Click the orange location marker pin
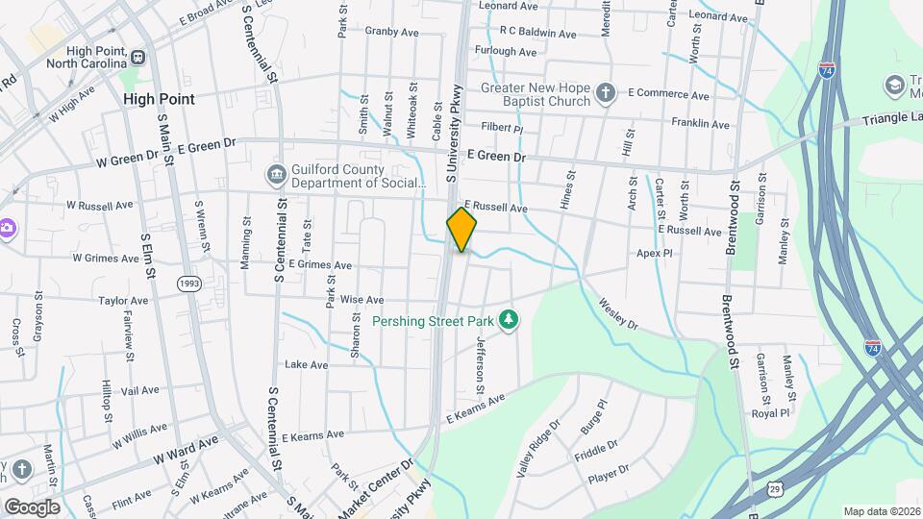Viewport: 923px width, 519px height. [x=461, y=229]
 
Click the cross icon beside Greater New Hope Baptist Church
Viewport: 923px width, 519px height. [x=606, y=93]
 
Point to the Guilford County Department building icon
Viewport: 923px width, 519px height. [x=276, y=175]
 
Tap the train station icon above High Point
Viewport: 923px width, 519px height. [x=138, y=57]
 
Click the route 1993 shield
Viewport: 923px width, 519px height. [x=188, y=284]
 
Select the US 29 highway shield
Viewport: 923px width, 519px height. [x=775, y=489]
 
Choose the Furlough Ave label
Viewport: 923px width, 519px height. [x=506, y=51]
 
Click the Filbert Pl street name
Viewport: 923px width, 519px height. [x=502, y=128]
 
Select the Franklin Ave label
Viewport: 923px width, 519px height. [x=700, y=123]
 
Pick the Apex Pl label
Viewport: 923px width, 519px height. [x=654, y=254]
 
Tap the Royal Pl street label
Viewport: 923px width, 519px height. [x=770, y=413]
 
